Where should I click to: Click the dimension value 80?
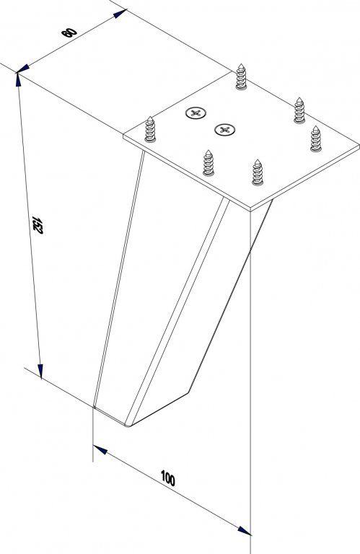click(x=69, y=32)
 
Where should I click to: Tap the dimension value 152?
click(x=37, y=225)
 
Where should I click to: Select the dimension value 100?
click(x=168, y=478)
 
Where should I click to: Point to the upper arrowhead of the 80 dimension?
click(x=120, y=14)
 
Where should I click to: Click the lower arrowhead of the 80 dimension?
click(x=23, y=69)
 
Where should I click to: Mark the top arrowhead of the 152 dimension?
click(x=18, y=79)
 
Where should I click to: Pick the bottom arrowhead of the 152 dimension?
click(x=40, y=371)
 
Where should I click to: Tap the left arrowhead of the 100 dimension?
click(x=100, y=450)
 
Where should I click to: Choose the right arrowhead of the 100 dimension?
click(x=244, y=531)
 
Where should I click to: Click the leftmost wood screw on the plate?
click(x=150, y=129)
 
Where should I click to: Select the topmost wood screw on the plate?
click(x=241, y=76)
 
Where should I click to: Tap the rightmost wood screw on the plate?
click(x=316, y=138)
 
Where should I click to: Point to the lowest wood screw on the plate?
click(x=258, y=172)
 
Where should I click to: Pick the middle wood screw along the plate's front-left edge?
click(x=208, y=163)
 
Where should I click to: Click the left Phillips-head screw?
click(x=196, y=113)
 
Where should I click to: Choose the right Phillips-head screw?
click(x=224, y=130)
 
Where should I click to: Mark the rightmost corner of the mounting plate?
click(x=359, y=145)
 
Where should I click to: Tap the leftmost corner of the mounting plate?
click(x=123, y=135)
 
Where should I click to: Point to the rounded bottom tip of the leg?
click(x=128, y=426)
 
